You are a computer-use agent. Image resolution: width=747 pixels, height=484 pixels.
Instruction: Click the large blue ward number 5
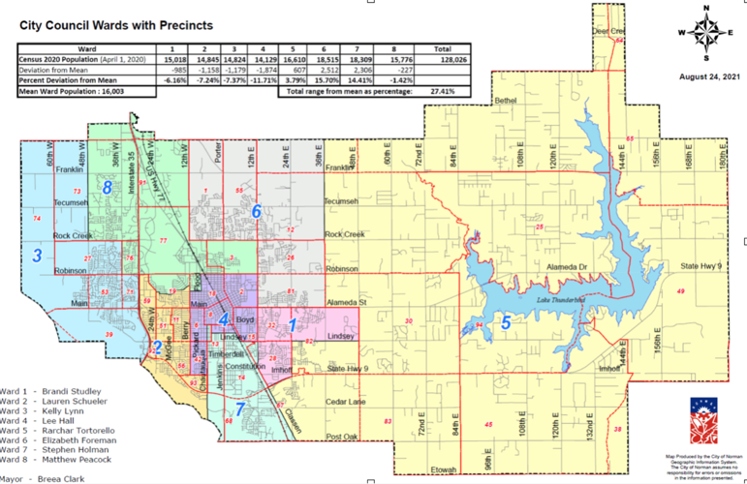click(505, 323)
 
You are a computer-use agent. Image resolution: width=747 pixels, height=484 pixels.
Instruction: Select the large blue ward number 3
click(37, 256)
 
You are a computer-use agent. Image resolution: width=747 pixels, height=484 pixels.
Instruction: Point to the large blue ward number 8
click(107, 188)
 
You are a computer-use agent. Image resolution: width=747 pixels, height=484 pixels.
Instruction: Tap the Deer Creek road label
click(606, 31)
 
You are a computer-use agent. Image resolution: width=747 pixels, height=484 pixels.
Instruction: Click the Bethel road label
click(507, 100)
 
